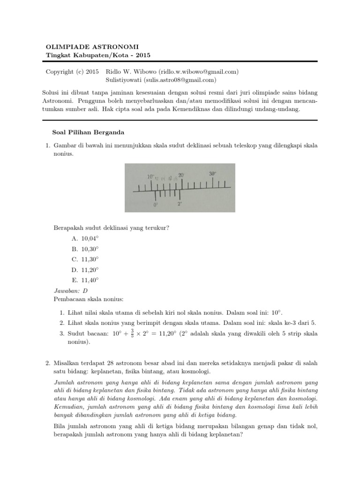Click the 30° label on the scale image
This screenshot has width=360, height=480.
(x=212, y=173)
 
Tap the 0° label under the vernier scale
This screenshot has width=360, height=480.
(x=156, y=205)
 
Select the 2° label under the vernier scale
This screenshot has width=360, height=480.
(x=180, y=204)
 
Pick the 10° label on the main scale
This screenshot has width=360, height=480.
(x=150, y=177)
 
